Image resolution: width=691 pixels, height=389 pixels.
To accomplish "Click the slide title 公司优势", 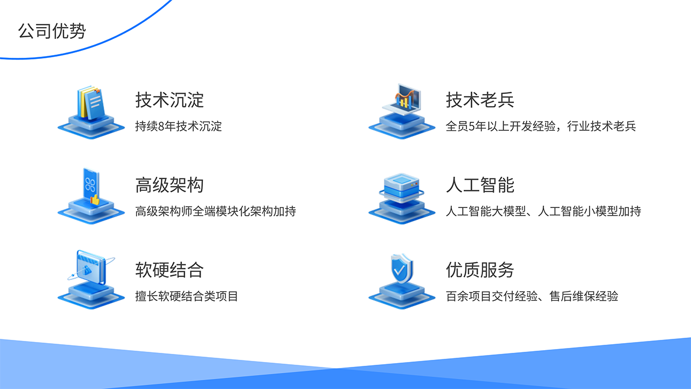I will pos(52,30).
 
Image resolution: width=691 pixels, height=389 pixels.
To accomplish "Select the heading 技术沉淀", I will pos(169,100).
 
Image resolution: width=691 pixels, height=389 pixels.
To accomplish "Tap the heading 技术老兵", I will pos(480,100).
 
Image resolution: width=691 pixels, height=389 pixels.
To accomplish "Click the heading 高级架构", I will pos(169,185).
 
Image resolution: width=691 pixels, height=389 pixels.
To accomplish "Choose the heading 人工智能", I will pos(480,185).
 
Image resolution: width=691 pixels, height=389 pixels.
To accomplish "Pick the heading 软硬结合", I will pos(169,270).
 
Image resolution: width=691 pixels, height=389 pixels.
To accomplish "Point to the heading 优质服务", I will pos(480,270).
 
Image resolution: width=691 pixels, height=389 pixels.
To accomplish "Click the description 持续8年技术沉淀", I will pos(178,126).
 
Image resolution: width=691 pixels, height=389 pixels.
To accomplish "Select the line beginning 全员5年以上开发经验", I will pos(540,126).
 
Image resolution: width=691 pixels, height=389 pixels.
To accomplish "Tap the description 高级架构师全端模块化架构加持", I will pos(215,211).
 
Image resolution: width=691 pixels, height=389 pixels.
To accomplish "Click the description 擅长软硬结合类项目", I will pos(186,296).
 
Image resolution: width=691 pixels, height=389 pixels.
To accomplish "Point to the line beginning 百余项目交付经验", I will pos(532,296).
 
